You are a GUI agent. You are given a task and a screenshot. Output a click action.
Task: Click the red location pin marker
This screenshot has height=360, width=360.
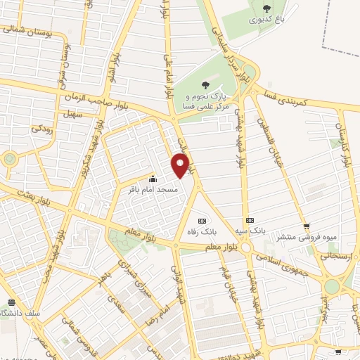181,166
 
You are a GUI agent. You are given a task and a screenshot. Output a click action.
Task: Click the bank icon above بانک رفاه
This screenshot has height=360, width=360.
202,220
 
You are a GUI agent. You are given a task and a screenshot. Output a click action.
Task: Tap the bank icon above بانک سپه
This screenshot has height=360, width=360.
250,220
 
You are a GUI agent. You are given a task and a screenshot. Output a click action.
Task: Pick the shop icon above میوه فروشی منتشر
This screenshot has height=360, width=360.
307,226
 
